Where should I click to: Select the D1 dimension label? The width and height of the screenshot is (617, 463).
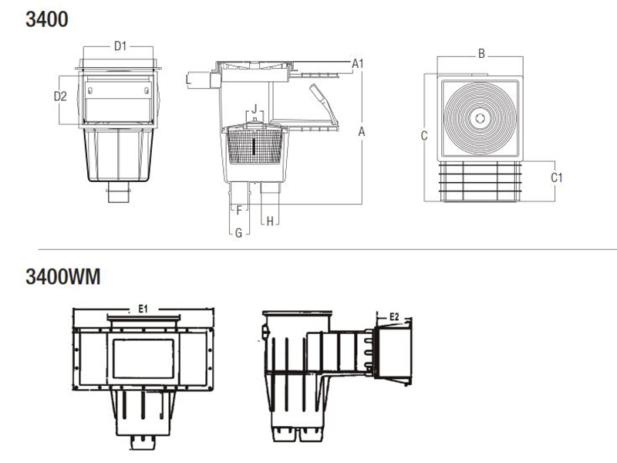tap(120, 46)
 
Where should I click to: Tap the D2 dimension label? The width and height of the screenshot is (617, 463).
tap(60, 96)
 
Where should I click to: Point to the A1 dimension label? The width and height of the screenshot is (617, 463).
tap(358, 63)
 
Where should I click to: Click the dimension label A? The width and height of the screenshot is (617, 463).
tap(361, 132)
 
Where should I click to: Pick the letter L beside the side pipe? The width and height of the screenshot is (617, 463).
tap(188, 79)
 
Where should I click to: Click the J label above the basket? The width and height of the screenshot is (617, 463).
tap(255, 108)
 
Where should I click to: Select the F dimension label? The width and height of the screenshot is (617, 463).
tap(240, 209)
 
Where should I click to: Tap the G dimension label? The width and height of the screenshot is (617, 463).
tap(239, 232)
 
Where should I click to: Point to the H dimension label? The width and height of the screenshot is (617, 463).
tap(270, 221)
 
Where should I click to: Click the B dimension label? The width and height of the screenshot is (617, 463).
tap(480, 53)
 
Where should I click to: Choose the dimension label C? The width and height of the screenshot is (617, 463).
tap(424, 136)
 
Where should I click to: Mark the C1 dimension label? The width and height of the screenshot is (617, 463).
tap(556, 177)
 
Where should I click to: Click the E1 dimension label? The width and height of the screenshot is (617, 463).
tap(143, 309)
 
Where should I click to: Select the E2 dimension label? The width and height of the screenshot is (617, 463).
tap(393, 316)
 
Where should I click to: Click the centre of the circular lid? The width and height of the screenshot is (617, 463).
tap(480, 118)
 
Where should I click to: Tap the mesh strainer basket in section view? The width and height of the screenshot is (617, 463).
tap(255, 148)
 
